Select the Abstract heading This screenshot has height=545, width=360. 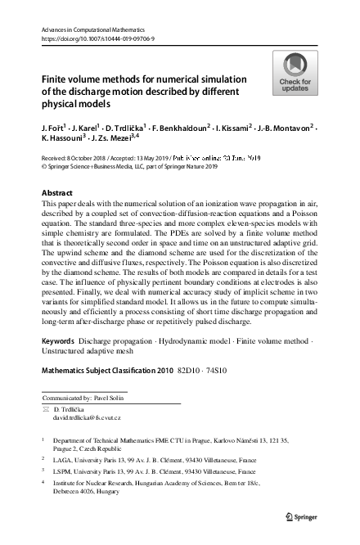click(56, 193)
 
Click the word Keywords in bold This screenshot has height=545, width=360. click(58, 340)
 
